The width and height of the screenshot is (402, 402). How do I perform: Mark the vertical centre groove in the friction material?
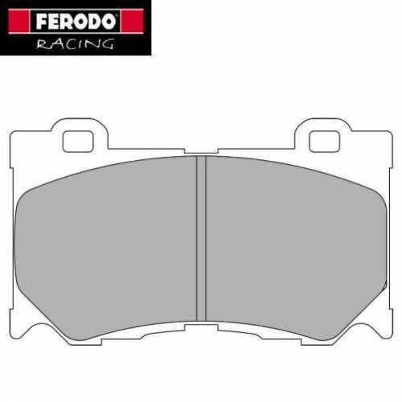pyautogui.click(x=201, y=233)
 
